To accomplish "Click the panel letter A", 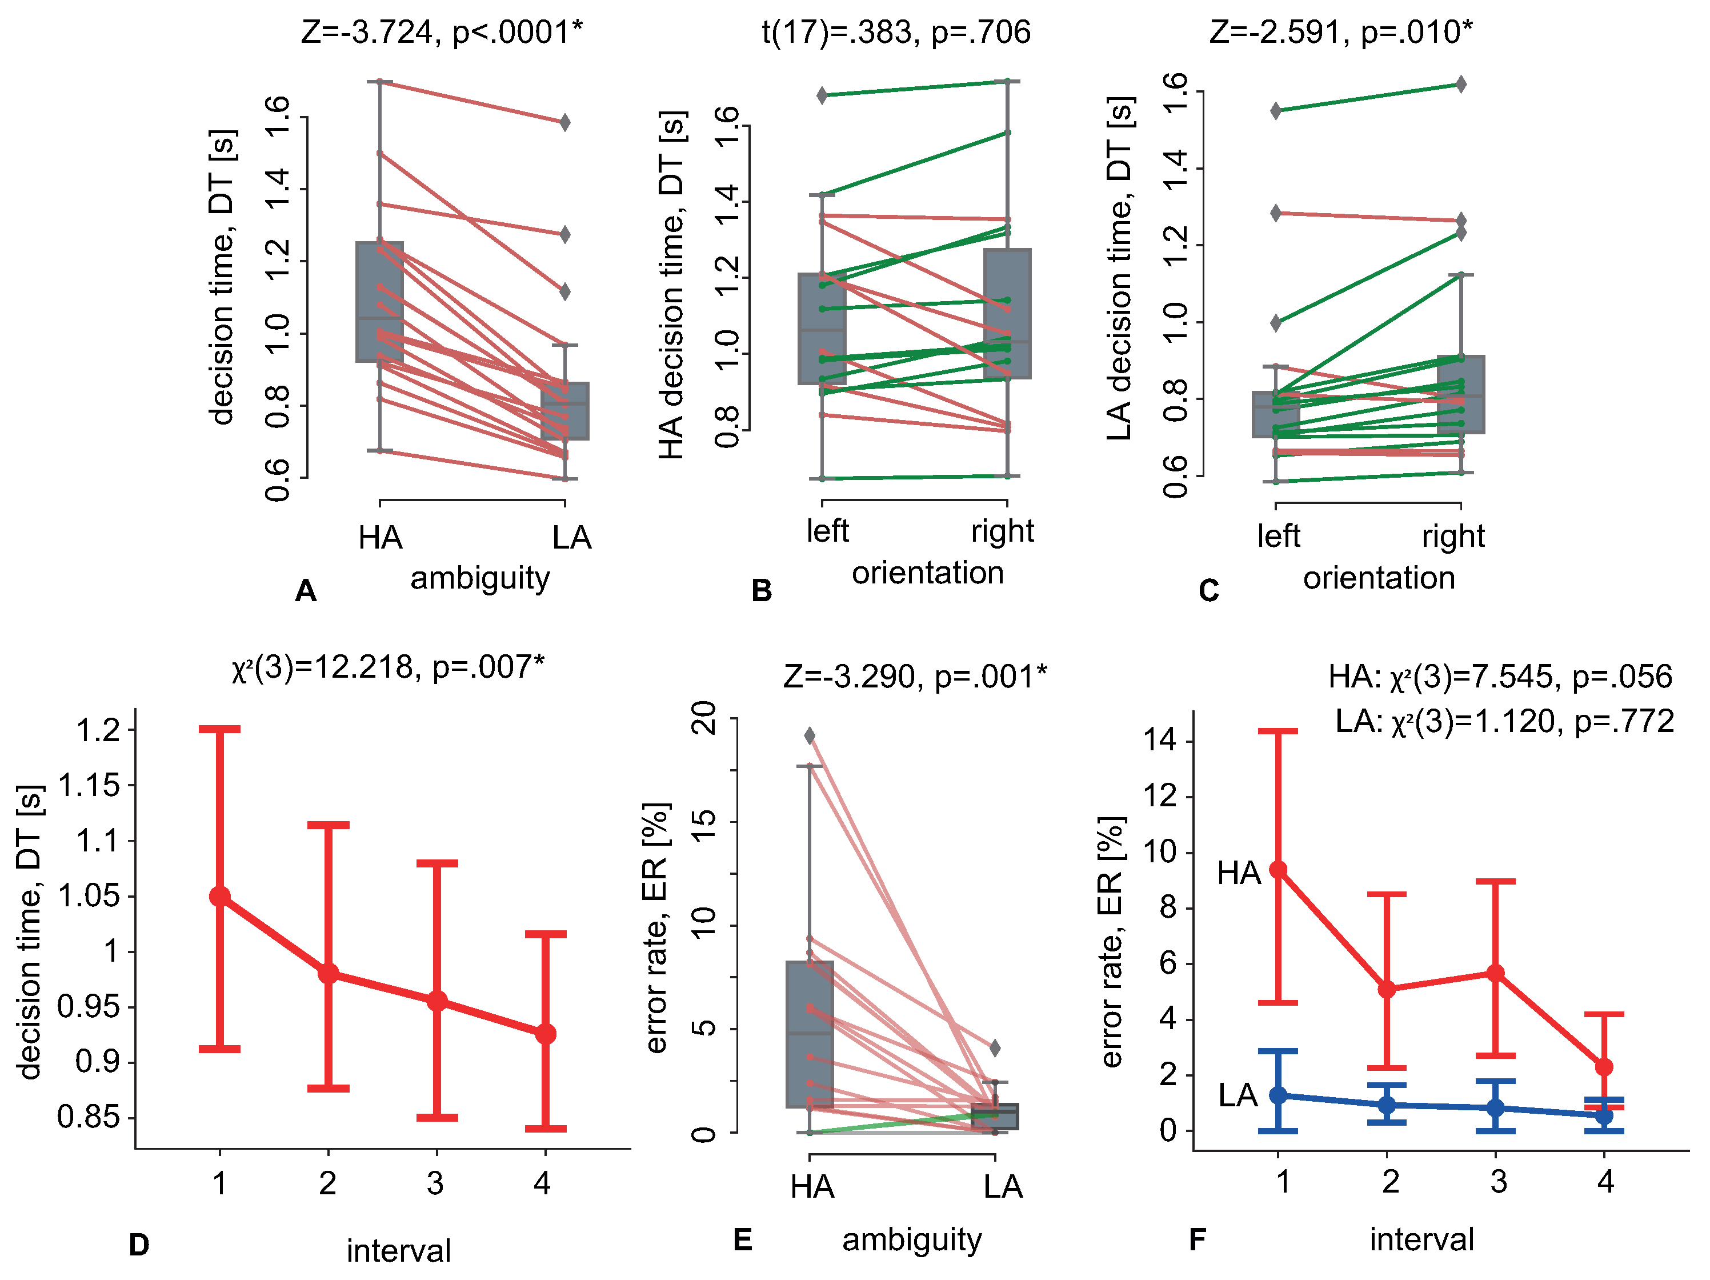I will click(306, 591).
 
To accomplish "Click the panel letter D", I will click(139, 1245).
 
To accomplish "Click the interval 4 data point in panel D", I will click(546, 1034).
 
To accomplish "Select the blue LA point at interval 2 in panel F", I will click(1388, 1105).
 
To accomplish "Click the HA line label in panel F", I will click(1239, 873).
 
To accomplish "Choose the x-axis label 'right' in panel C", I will click(1453, 536).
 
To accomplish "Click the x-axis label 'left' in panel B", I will click(827, 531).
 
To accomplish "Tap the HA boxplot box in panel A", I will click(379, 302).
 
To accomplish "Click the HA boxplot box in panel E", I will click(810, 1034).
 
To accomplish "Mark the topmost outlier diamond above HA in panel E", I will click(810, 735).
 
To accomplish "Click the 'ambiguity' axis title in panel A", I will click(480, 578).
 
